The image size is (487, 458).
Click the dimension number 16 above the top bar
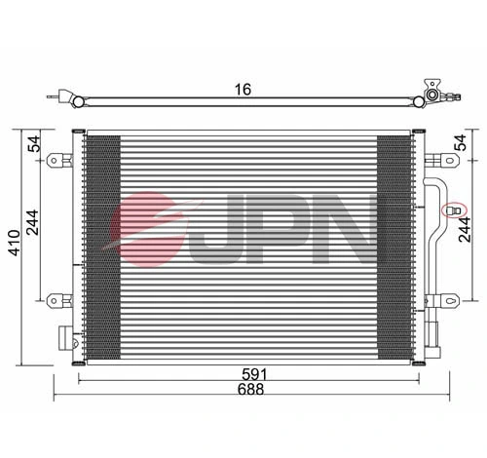pyautogui.click(x=243, y=89)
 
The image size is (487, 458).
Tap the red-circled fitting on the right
pyautogui.click(x=454, y=210)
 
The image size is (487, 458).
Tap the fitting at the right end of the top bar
pyautogui.click(x=431, y=94)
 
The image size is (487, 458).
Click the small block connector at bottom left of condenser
pyautogui.click(x=66, y=338)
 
